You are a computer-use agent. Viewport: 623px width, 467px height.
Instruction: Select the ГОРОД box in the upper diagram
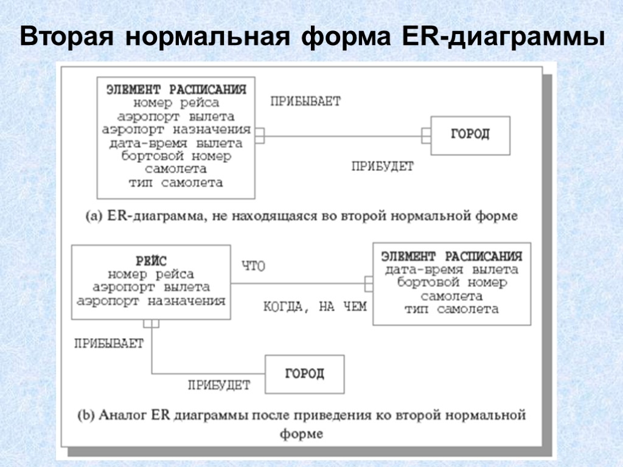[x=470, y=134]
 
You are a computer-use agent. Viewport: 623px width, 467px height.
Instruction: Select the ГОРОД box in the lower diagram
[x=304, y=373]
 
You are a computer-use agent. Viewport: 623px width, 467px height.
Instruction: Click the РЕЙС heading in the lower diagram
[x=151, y=261]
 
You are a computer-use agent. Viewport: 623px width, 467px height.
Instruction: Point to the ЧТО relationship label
[x=254, y=266]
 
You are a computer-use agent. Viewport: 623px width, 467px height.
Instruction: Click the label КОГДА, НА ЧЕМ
[x=315, y=306]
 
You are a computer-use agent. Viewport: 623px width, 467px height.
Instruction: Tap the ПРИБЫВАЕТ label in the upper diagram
[x=305, y=102]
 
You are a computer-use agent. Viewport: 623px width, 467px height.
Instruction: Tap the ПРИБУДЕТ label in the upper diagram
[x=382, y=166]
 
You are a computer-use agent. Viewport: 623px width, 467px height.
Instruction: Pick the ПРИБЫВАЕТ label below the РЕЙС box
[x=109, y=344]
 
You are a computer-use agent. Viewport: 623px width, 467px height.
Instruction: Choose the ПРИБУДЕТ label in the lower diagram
[x=218, y=384]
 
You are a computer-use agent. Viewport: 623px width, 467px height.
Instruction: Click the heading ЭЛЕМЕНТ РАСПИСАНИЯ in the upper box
[x=176, y=89]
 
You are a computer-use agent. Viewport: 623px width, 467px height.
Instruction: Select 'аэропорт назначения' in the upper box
[x=176, y=129]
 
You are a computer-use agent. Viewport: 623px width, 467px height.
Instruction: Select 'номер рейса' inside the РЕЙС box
[x=151, y=274]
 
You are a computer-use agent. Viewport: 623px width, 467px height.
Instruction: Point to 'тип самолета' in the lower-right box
[x=451, y=309]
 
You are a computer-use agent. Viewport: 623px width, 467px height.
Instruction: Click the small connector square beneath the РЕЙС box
[x=151, y=323]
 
